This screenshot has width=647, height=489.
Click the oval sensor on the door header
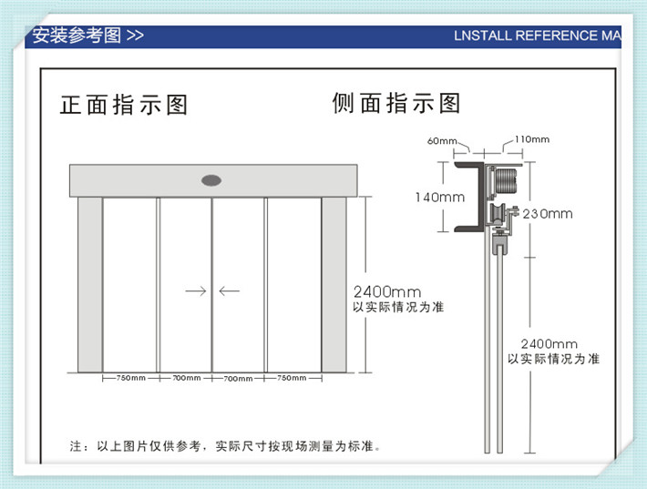tap(211, 180)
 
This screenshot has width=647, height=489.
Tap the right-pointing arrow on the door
tap(196, 291)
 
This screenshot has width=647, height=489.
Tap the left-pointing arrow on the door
tap(229, 291)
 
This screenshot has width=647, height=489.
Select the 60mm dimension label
tap(442, 141)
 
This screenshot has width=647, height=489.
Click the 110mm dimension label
tap(532, 139)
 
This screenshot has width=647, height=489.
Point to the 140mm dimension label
tap(440, 197)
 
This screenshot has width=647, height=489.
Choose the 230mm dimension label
tap(548, 214)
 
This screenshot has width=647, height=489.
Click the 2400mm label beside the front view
tap(387, 292)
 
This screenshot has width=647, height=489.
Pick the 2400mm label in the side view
tap(549, 344)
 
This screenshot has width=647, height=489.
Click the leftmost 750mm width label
tap(131, 378)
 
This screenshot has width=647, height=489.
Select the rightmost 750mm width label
tap(292, 378)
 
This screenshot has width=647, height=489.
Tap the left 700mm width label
tap(187, 378)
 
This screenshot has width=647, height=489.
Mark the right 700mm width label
tap(238, 378)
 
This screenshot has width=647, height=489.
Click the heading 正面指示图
tap(124, 105)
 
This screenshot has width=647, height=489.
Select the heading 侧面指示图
tap(396, 103)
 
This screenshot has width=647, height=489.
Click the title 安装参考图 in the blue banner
tap(77, 36)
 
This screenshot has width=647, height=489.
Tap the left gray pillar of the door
tap(90, 284)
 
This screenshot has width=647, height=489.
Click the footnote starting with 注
tap(225, 445)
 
